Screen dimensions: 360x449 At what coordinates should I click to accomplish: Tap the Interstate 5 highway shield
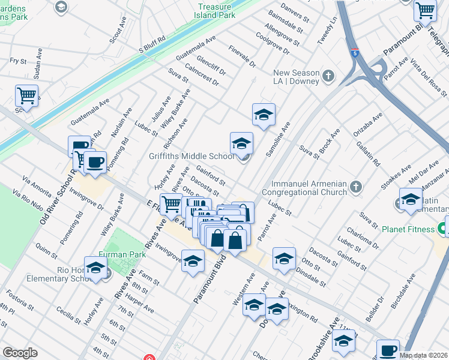tap(355, 52)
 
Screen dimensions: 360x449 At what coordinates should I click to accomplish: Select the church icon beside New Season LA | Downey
tap(328, 76)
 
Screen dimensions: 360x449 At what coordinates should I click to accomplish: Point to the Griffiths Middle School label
tap(191, 157)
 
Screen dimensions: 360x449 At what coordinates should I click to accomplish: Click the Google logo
tap(20, 353)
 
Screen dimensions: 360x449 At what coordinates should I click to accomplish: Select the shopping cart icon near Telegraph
tap(425, 10)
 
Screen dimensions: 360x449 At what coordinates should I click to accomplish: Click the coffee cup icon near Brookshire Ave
tap(388, 349)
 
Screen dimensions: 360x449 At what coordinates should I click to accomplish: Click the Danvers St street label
tap(295, 11)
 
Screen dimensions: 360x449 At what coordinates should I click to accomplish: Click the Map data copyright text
tap(423, 355)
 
